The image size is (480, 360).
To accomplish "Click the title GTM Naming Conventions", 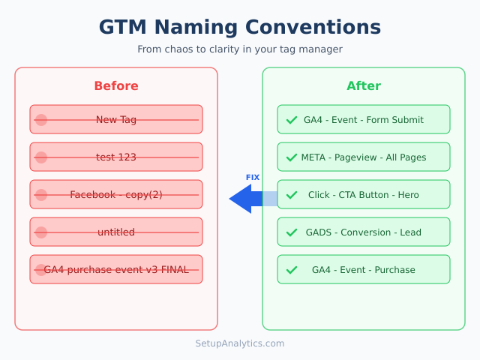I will pyautogui.click(x=240, y=28).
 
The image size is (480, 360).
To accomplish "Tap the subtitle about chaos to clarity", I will pyautogui.click(x=240, y=49).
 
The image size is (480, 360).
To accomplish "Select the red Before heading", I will pyautogui.click(x=116, y=86).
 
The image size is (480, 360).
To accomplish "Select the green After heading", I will pyautogui.click(x=364, y=86).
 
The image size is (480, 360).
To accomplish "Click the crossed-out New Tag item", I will pyautogui.click(x=116, y=120).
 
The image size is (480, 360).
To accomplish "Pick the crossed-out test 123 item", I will pyautogui.click(x=116, y=157).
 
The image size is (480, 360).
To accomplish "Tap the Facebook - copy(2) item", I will pyautogui.click(x=116, y=195).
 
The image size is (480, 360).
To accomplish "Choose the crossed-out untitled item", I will pyautogui.click(x=116, y=232).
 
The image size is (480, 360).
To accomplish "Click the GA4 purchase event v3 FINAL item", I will pyautogui.click(x=116, y=270).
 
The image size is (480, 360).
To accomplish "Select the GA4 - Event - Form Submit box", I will pyautogui.click(x=364, y=120).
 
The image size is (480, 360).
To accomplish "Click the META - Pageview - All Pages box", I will pyautogui.click(x=364, y=157).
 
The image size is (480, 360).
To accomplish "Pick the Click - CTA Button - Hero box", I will pyautogui.click(x=364, y=195).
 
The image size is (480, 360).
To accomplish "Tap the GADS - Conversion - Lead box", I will pyautogui.click(x=364, y=232).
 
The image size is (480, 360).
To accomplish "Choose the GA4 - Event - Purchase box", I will pyautogui.click(x=364, y=270).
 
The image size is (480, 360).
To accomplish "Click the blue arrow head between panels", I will pyautogui.click(x=241, y=199).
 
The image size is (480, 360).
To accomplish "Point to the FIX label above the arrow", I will pyautogui.click(x=253, y=178).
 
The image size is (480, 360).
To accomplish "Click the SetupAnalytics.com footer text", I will pyautogui.click(x=240, y=343).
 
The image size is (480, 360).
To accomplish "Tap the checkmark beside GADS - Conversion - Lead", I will pyautogui.click(x=292, y=232).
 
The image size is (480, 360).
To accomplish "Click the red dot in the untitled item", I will pyautogui.click(x=41, y=232).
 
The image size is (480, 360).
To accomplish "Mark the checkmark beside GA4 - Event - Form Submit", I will pyautogui.click(x=292, y=120).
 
